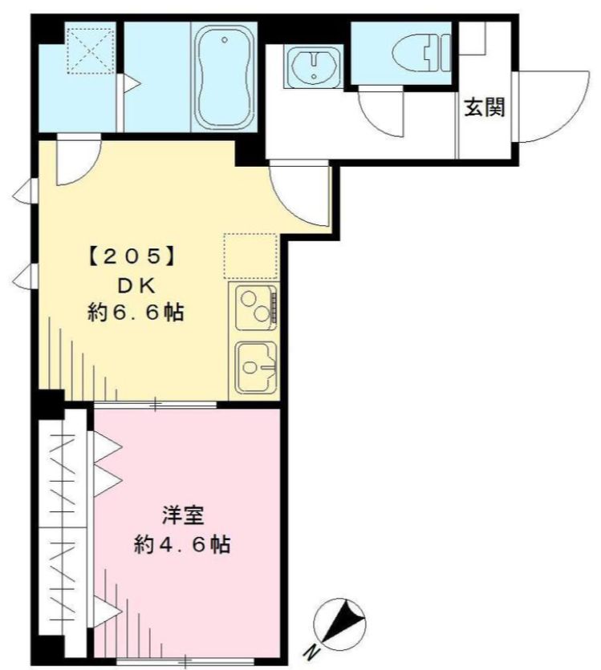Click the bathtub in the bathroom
(224, 77)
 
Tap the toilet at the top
(418, 53)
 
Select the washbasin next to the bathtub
(314, 66)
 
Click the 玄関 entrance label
(484, 107)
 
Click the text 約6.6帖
(135, 313)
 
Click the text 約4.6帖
(182, 546)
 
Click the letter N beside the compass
(307, 651)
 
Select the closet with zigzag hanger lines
(63, 529)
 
